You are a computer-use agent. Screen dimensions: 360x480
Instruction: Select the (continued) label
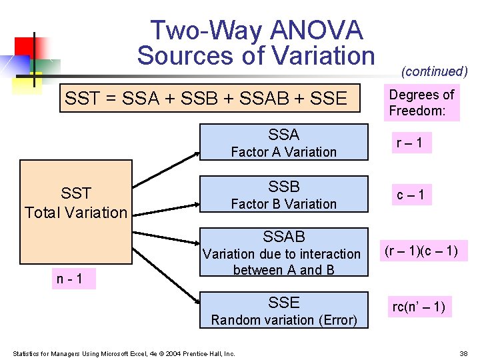point(434,71)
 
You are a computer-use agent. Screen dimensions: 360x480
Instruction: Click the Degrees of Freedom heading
point(421,103)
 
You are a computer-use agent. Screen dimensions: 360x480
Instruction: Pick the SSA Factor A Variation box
point(284,143)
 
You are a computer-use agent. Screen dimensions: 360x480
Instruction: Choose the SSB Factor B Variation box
point(284,195)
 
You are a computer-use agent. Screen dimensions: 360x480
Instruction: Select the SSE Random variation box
point(284,311)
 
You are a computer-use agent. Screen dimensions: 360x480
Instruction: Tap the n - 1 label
point(70,279)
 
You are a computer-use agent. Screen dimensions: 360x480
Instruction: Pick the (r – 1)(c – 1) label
point(421,251)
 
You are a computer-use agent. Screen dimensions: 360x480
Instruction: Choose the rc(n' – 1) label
point(419,307)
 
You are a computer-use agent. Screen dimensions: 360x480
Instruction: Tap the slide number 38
point(463,353)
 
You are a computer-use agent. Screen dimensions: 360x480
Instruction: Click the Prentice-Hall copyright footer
point(123,353)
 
